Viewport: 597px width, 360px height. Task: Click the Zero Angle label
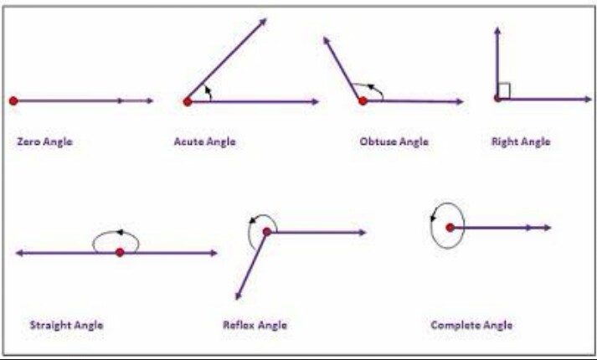[x=44, y=141]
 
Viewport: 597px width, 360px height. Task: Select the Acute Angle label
[x=204, y=141]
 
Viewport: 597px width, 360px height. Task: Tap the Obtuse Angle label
[x=394, y=141]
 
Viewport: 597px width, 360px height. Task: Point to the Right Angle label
[x=521, y=141]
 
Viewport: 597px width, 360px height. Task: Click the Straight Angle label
[x=66, y=325]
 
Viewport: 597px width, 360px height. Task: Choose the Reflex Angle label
[x=255, y=325]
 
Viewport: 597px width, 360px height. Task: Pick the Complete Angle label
[x=471, y=325]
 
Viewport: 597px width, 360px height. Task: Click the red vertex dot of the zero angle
[x=13, y=100]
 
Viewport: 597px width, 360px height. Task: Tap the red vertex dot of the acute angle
[x=187, y=101]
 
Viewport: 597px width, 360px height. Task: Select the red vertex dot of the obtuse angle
[x=363, y=100]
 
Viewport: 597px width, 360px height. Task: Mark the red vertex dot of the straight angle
[x=120, y=252]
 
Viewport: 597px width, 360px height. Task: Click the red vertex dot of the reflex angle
[x=266, y=232]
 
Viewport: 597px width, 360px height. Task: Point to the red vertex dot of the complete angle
[x=450, y=227]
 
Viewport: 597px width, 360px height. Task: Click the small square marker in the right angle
[x=504, y=90]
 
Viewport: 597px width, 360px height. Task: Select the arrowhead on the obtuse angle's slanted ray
[x=326, y=39]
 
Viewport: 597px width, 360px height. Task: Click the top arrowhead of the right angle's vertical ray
[x=497, y=30]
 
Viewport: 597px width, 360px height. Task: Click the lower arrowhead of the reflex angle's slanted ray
[x=239, y=296]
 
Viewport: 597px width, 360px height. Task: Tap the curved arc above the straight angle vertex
[x=116, y=234]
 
